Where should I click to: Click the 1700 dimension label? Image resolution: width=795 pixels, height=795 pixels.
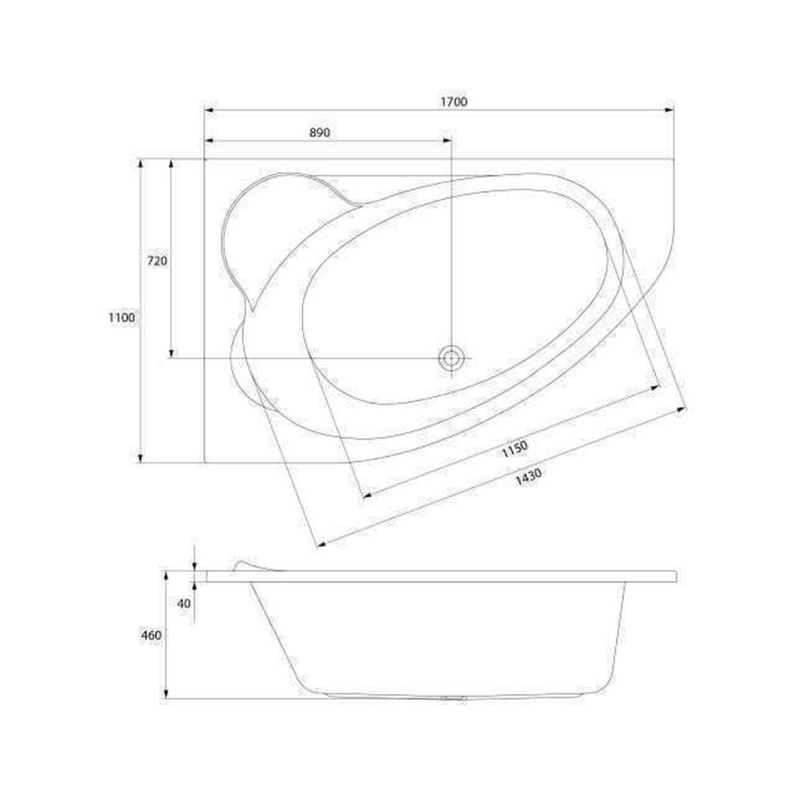point(453,102)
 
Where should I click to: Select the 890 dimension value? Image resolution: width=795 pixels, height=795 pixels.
point(320,133)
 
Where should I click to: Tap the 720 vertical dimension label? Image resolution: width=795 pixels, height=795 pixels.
point(157,261)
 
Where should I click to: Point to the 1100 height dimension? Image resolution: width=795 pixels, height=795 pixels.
point(122,318)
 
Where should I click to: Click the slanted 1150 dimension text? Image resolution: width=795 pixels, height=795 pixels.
point(514,448)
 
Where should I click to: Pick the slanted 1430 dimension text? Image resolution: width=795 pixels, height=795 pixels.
point(529,476)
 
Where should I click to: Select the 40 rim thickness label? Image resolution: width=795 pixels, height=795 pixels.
point(184,603)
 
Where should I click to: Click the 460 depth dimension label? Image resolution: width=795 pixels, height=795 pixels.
point(151,635)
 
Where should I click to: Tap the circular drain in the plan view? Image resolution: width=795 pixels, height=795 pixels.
point(452,359)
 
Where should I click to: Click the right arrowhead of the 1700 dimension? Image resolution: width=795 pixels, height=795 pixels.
point(669,110)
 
